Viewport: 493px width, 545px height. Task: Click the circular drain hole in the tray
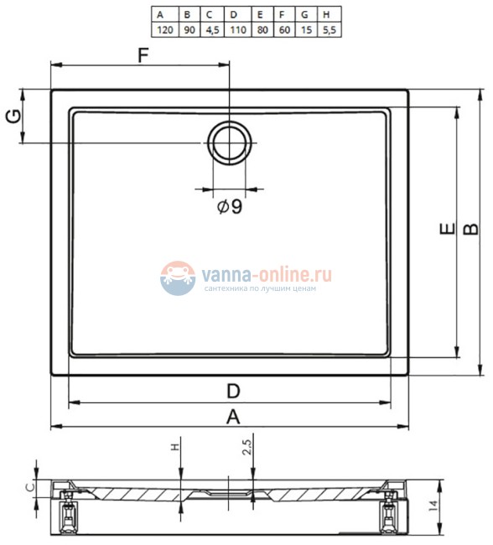point(228,142)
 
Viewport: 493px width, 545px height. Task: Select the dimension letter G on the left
point(12,117)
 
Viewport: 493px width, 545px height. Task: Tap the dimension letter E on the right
point(446,230)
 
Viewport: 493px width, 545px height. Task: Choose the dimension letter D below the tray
point(234,391)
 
